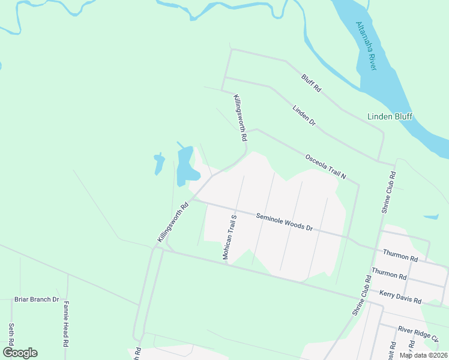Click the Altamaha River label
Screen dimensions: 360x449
click(366, 46)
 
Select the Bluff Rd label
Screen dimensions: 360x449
click(312, 83)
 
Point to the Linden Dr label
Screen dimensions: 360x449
click(304, 115)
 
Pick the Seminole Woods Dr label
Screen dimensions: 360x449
click(285, 222)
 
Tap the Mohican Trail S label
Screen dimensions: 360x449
click(231, 238)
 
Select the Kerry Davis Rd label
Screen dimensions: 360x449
click(400, 297)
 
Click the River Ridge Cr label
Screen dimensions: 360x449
click(418, 332)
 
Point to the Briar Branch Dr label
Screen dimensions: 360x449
click(37, 299)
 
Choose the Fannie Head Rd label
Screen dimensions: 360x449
click(65, 324)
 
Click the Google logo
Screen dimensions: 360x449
click(20, 353)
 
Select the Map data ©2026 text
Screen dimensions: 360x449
click(423, 355)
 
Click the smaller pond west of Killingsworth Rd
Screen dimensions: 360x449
click(159, 163)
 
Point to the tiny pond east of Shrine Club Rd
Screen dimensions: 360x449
click(432, 217)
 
